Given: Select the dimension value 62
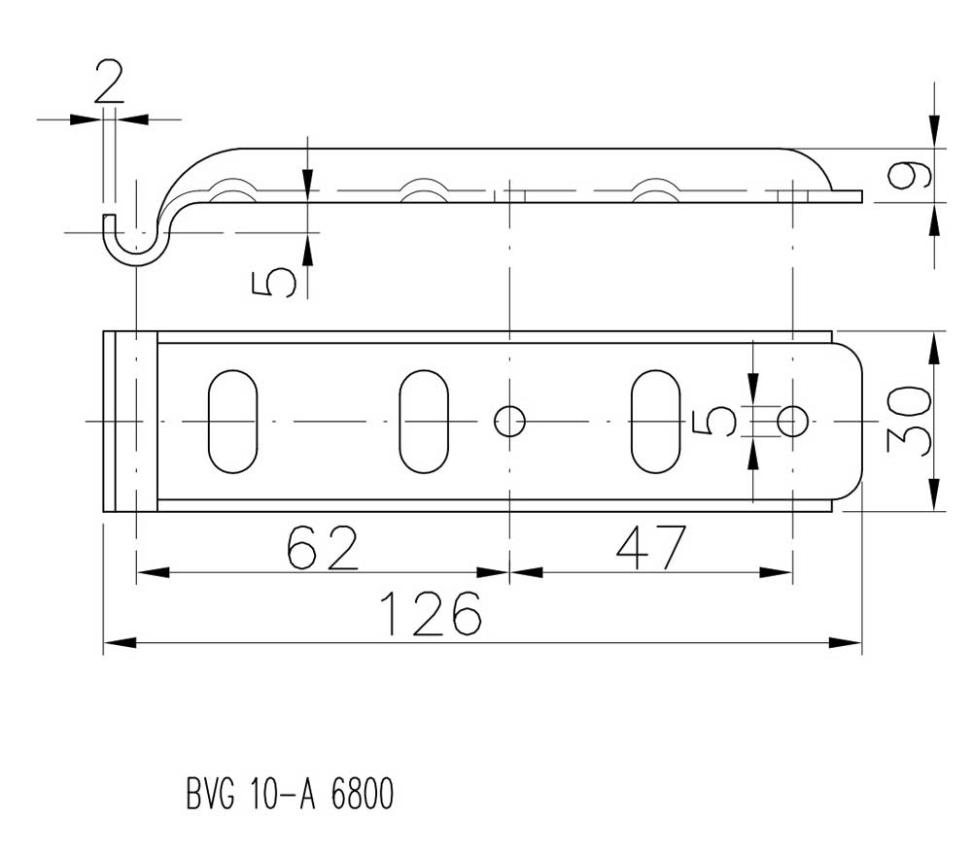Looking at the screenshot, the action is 323,547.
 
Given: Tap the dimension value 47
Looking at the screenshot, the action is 651,548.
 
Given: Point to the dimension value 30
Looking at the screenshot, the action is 909,422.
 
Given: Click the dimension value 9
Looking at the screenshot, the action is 910,175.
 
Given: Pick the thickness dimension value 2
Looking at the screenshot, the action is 109,82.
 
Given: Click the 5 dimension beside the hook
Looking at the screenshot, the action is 273,283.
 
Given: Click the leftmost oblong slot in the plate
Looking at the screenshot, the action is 232,422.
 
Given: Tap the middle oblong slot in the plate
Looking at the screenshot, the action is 424,422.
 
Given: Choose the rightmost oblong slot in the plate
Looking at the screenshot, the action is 655,422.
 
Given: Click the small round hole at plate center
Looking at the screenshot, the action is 509,422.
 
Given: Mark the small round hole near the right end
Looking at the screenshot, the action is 793,422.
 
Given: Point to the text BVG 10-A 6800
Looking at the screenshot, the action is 290,794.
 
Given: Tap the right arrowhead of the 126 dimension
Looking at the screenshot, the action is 846,642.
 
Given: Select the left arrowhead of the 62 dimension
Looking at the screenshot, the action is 153,572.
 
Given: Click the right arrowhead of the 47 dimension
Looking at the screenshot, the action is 776,572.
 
